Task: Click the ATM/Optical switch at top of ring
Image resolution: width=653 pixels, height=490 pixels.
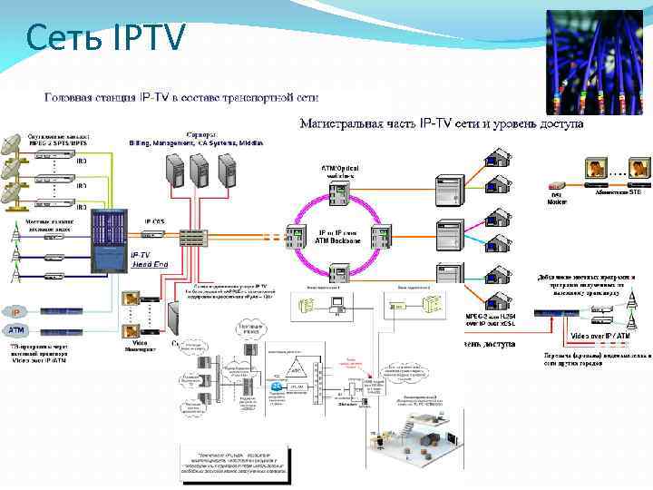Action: point(339,193)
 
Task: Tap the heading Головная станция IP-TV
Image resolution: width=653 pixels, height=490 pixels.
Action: point(181,97)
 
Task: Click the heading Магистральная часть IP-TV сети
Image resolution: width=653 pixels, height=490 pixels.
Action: point(441,122)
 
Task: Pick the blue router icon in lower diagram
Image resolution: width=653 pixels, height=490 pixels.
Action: point(278,386)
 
